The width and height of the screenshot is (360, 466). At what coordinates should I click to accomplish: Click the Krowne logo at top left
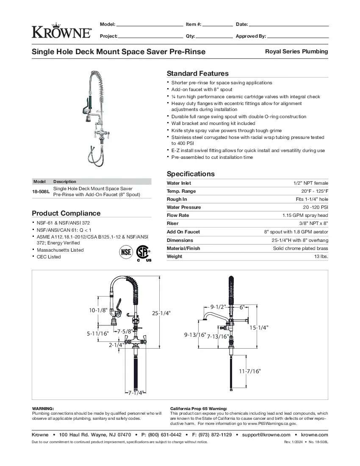pos(61,31)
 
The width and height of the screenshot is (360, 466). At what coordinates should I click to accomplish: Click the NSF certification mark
pos(126,252)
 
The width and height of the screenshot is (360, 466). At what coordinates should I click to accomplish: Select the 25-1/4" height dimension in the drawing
pos(161,313)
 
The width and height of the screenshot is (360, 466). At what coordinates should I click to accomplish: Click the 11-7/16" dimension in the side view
pos(249,371)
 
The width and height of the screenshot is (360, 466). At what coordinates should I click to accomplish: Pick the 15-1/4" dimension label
pos(258,327)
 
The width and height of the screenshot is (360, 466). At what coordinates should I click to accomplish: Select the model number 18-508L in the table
pos(41,191)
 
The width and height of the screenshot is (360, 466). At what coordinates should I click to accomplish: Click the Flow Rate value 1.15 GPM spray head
pos(305,215)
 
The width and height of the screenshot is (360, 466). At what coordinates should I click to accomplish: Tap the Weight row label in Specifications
pos(174,256)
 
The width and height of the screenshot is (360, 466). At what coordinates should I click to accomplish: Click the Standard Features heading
pos(197,73)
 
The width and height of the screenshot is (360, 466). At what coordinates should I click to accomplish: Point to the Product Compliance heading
pos(66,213)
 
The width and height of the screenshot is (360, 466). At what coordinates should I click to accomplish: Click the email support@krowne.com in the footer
pos(266,435)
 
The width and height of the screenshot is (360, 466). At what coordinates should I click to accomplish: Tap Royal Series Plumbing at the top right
pos(296,51)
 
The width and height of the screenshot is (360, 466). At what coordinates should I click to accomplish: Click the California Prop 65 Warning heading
pos(195,408)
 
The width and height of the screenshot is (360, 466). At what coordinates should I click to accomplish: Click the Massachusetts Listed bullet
pos(60,250)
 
